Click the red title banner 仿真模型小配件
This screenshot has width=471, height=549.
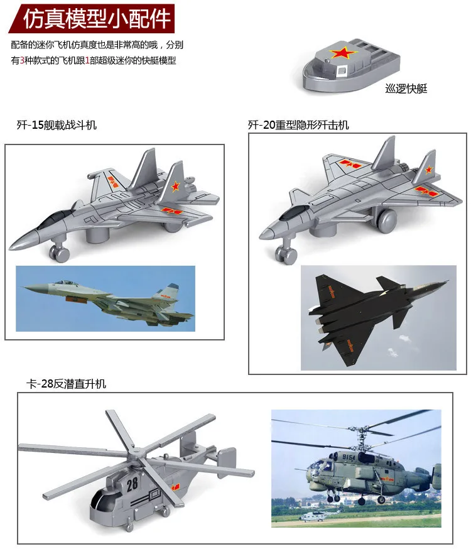92,18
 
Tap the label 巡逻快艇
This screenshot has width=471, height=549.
406,89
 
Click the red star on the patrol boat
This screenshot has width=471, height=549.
344,53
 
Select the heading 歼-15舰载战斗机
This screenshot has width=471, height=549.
57,125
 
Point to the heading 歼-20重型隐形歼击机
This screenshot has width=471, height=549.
298,125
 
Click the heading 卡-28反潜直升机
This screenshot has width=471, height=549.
66,384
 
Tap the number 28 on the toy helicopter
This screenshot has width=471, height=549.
132,484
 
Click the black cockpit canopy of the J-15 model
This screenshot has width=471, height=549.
54,219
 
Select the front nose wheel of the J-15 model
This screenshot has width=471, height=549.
60,252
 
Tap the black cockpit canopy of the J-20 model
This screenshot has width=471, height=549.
294,212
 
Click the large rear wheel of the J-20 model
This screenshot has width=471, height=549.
386,220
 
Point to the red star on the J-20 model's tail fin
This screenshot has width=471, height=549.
429,170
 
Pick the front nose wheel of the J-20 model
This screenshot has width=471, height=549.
286,254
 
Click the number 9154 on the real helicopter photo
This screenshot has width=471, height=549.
349,457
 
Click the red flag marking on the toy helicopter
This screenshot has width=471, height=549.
175,487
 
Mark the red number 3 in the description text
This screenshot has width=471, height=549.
22,60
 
